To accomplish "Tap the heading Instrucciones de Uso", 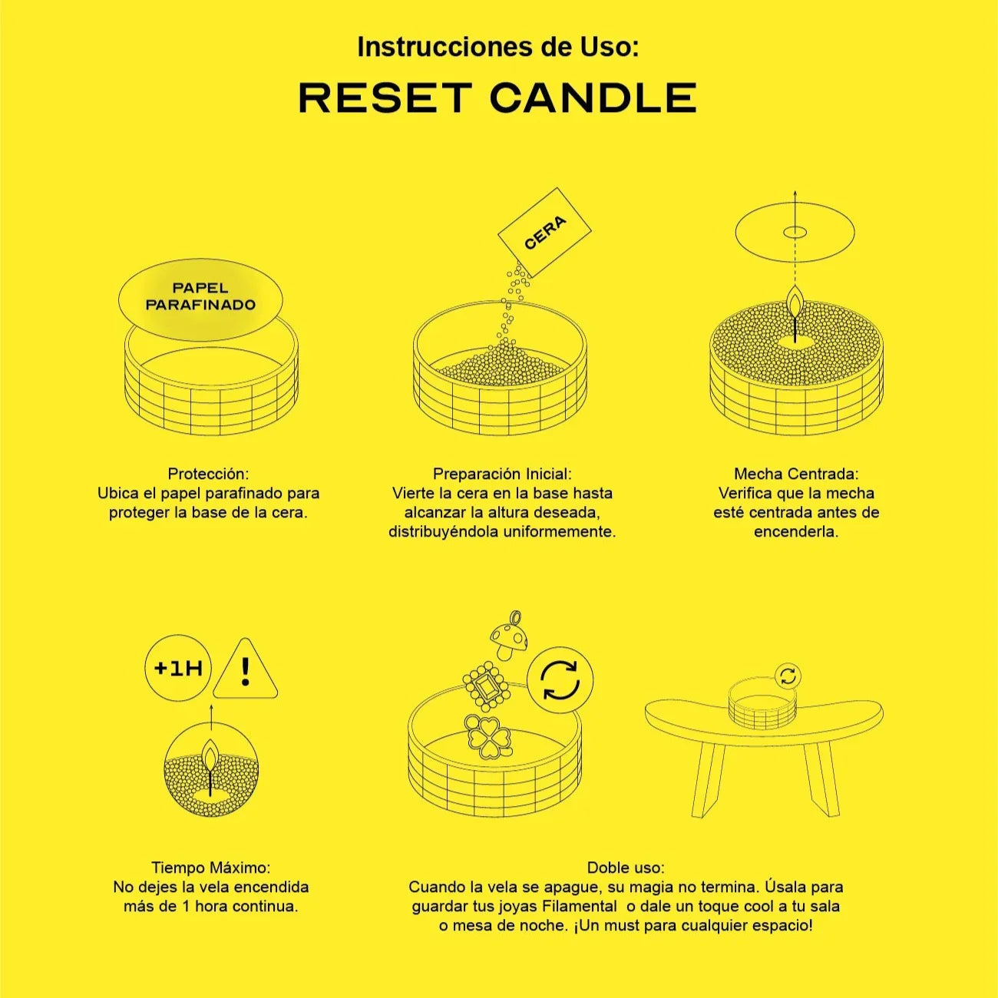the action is click(498, 47).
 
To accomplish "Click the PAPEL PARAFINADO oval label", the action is click(200, 300).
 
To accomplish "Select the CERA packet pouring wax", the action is click(545, 232).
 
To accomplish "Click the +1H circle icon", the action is click(178, 669).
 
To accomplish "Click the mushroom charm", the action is click(508, 636).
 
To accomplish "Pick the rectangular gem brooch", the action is click(487, 687).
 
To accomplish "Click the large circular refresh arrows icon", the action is click(560, 679).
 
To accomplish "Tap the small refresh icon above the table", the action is click(788, 676).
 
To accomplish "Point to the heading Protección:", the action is click(208, 474).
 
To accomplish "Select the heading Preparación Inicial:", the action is click(502, 474).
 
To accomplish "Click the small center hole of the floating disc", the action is click(795, 233).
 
